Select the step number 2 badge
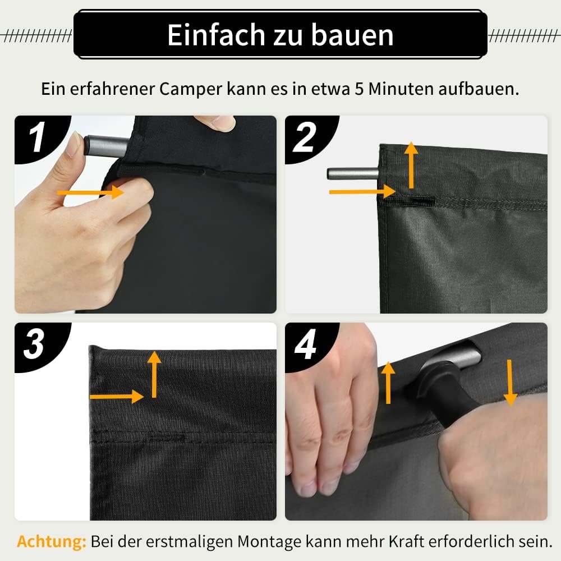coord(305,137)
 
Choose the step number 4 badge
coord(306,346)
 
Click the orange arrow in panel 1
coord(90,192)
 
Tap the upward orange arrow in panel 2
coord(412,164)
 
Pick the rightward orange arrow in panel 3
coord(116,397)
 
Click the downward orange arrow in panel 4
coord(510,381)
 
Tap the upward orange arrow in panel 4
coord(387,383)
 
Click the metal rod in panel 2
coord(352,172)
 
